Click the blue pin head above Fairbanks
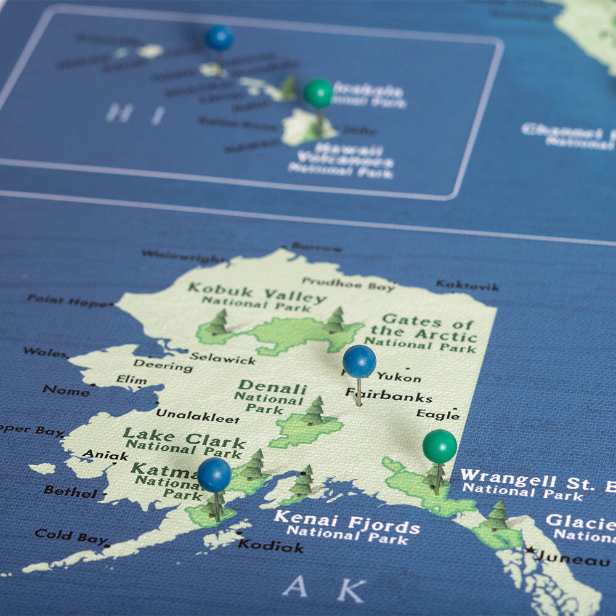[x=359, y=362]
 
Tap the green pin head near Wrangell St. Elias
[x=440, y=447]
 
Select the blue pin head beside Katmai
[x=214, y=474]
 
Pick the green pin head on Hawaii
[x=318, y=93]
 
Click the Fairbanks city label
[x=388, y=395]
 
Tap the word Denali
[x=272, y=388]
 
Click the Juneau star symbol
[x=530, y=549]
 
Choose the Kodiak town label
[x=270, y=546]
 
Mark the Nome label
[x=66, y=391]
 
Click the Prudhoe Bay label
[x=348, y=284]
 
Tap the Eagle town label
[x=437, y=415]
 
